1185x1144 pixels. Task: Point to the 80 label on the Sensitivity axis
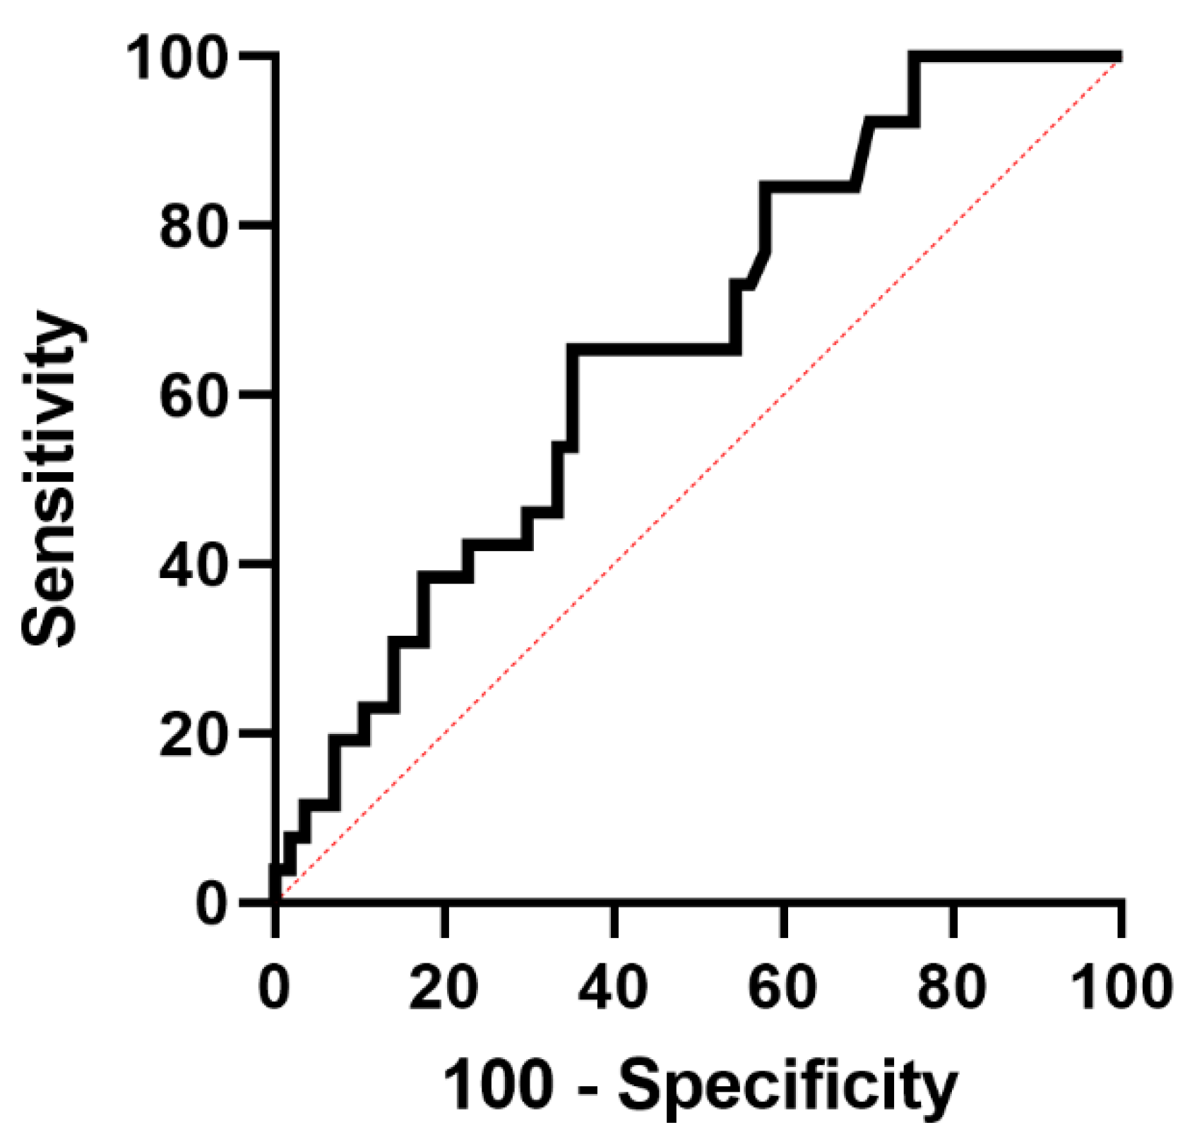click(195, 227)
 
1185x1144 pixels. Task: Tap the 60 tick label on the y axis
click(195, 396)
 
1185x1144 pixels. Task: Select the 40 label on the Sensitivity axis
click(195, 565)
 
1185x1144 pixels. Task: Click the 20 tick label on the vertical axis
click(195, 735)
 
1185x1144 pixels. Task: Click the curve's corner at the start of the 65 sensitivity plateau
click(573, 349)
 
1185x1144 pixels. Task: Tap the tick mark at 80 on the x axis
click(953, 921)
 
